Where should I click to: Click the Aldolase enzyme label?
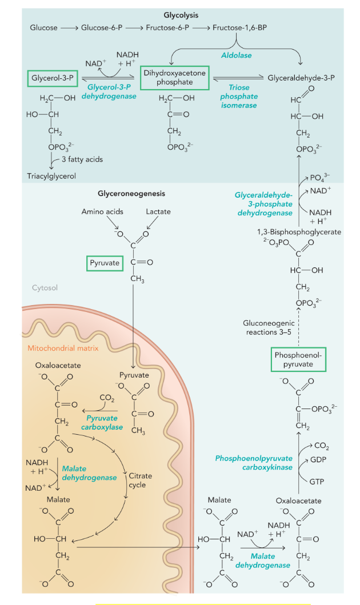pyautogui.click(x=236, y=55)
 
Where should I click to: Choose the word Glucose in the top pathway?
pyautogui.click(x=43, y=27)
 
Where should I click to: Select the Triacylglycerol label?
pyautogui.click(x=51, y=177)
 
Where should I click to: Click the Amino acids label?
pyautogui.click(x=102, y=212)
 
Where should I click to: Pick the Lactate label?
pyautogui.click(x=158, y=212)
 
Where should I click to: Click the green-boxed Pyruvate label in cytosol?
pyautogui.click(x=104, y=263)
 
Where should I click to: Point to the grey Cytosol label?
pyautogui.click(x=45, y=288)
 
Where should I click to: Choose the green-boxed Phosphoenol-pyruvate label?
pyautogui.click(x=298, y=359)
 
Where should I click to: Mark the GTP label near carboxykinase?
pyautogui.click(x=316, y=482)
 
